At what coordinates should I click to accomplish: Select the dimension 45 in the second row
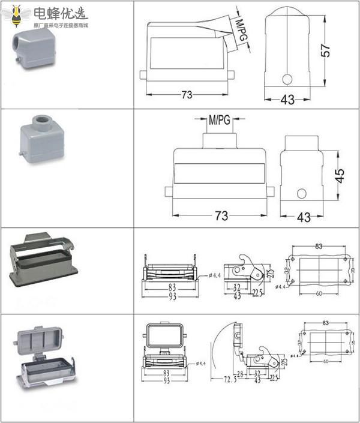(x=340, y=176)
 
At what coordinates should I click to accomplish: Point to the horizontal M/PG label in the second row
(x=219, y=121)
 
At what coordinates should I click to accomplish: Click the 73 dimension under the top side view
(x=187, y=94)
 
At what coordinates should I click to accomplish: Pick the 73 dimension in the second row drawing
(x=221, y=216)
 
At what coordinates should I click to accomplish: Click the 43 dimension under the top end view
(x=287, y=100)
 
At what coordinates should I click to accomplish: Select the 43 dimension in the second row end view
(x=304, y=217)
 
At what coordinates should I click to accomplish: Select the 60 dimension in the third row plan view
(x=318, y=293)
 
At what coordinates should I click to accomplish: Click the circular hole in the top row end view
(x=287, y=79)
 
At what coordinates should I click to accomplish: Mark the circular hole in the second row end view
(x=302, y=194)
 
